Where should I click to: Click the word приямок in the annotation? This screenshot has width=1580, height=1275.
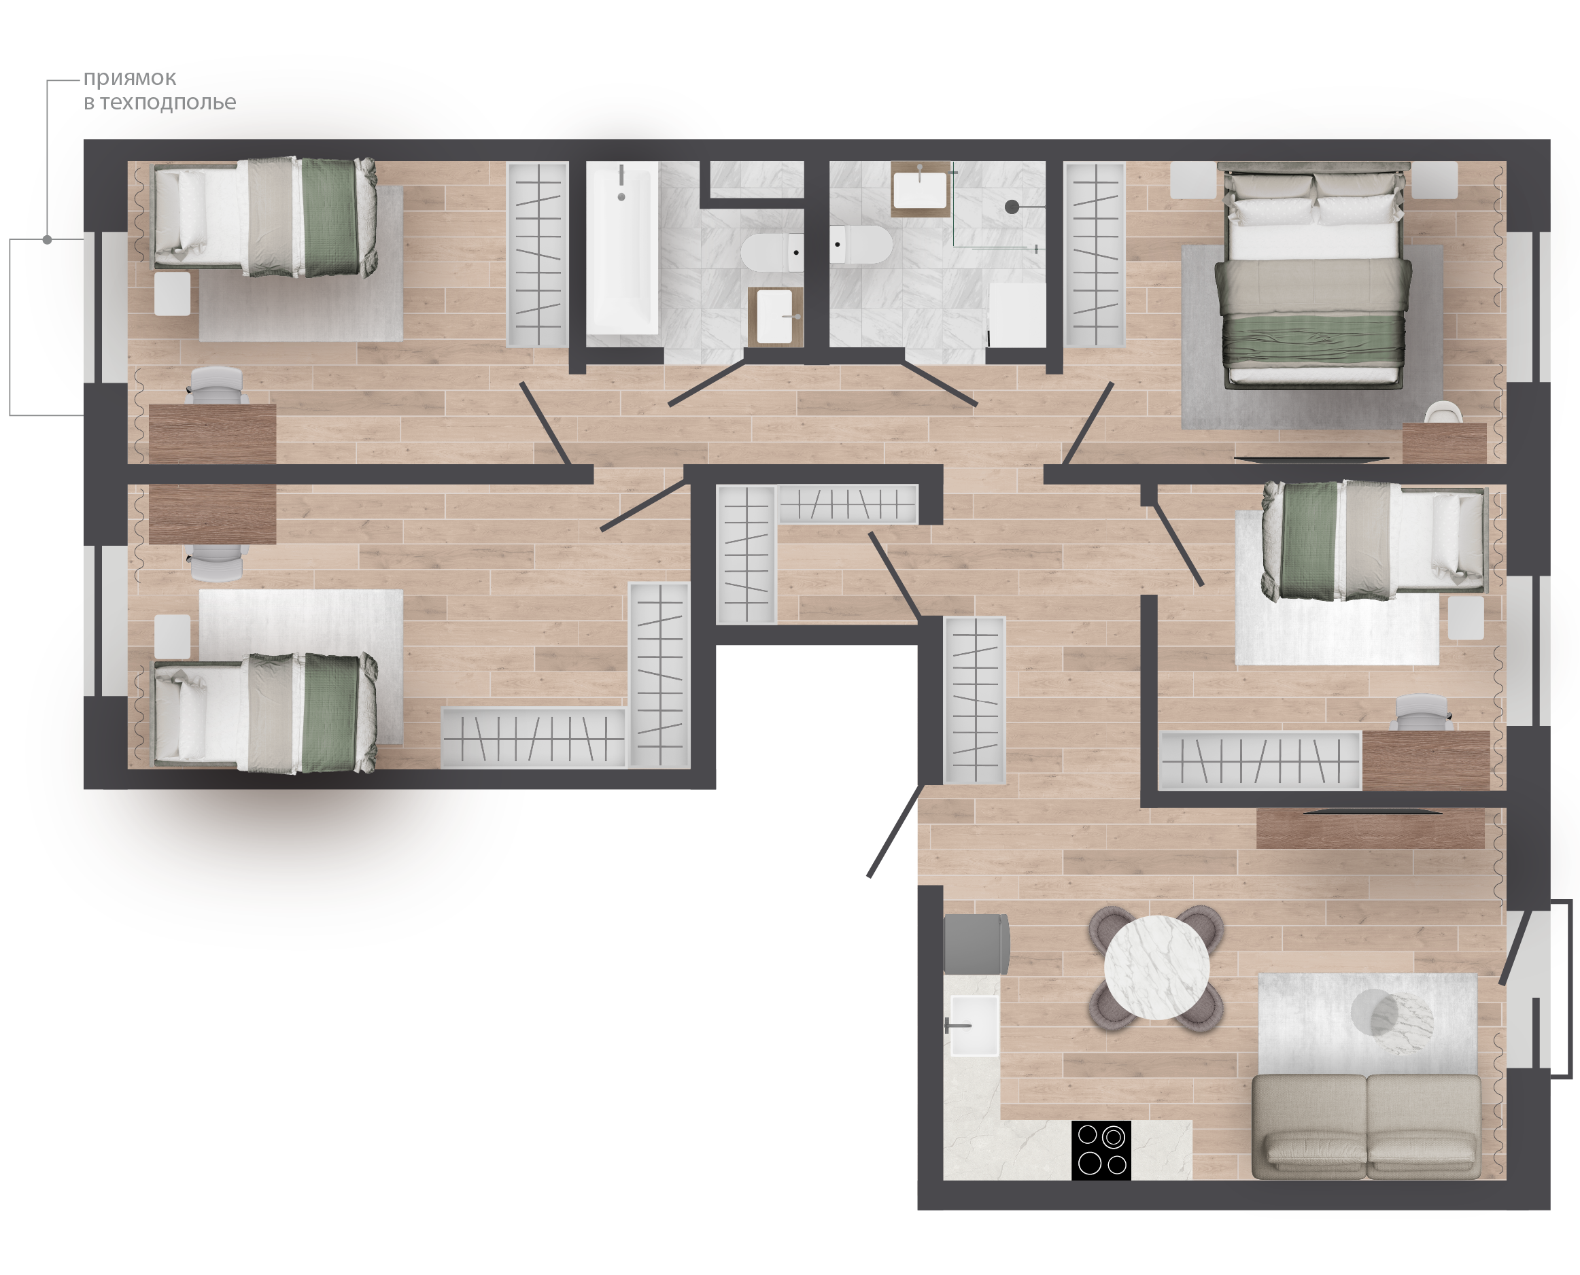[129, 78]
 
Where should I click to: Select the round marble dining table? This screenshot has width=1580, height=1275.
[1157, 967]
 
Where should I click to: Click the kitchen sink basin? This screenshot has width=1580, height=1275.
[974, 1025]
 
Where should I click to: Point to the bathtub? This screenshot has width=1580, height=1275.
[622, 249]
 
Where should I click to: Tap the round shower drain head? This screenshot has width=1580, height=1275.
[1012, 207]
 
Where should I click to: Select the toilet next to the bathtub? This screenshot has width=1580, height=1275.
[773, 253]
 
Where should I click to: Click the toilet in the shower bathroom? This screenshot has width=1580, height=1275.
[861, 245]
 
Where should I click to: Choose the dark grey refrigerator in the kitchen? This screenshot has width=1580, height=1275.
[976, 944]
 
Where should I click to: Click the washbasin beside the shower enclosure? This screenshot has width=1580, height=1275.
[920, 189]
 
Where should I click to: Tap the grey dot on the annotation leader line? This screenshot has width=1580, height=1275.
[47, 239]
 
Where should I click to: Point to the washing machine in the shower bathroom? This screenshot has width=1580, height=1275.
[1016, 315]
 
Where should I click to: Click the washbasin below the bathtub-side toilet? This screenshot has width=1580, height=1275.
[775, 316]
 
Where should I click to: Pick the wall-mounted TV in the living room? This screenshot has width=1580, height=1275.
[1372, 811]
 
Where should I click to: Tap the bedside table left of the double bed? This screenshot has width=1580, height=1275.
[1193, 181]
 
